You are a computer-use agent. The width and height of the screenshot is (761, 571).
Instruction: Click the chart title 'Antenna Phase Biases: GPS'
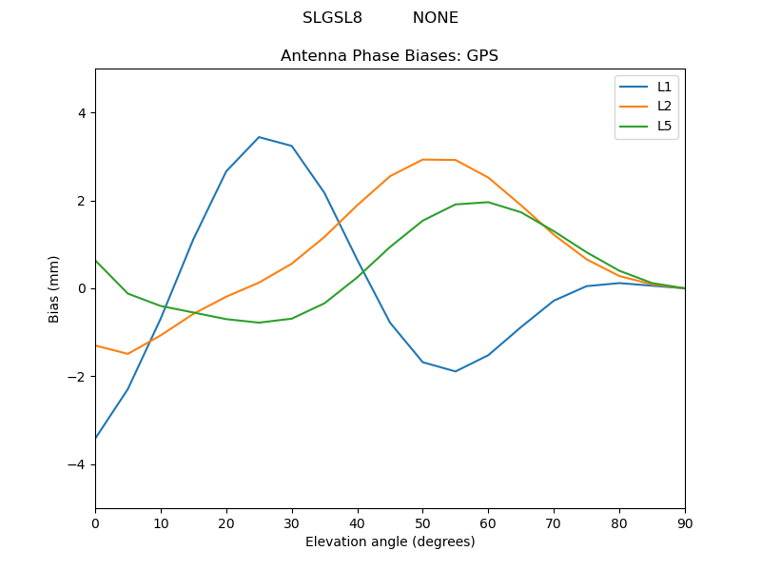pos(389,56)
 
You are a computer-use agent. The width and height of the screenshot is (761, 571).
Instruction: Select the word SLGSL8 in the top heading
pos(332,18)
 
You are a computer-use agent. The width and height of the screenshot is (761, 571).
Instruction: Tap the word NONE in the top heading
pos(435,18)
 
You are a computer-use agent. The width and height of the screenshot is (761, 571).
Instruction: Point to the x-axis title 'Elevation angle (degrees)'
pos(390,542)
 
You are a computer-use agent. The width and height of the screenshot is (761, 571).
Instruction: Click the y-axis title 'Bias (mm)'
pos(54,288)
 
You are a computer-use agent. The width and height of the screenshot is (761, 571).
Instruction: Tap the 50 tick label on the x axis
pos(422,522)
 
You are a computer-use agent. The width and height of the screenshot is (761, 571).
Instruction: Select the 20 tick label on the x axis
pos(226,522)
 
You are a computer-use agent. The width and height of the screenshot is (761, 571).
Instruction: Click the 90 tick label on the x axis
pos(685,522)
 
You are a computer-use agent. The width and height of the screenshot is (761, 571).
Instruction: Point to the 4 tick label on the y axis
pos(82,113)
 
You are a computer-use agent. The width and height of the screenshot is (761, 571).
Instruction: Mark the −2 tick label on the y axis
pos(78,377)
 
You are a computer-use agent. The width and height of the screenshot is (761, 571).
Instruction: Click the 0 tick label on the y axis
pos(82,288)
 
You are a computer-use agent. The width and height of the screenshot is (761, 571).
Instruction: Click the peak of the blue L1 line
pos(259,137)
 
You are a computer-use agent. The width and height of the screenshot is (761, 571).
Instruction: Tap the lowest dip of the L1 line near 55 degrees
pos(456,371)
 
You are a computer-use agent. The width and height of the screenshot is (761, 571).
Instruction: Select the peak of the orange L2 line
pos(423,159)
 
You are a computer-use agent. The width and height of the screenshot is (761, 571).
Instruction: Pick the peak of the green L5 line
pos(488,202)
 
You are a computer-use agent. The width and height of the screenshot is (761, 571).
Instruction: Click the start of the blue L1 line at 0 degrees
pos(96,438)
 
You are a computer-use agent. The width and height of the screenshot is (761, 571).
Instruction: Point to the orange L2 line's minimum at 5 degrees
pos(127,354)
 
